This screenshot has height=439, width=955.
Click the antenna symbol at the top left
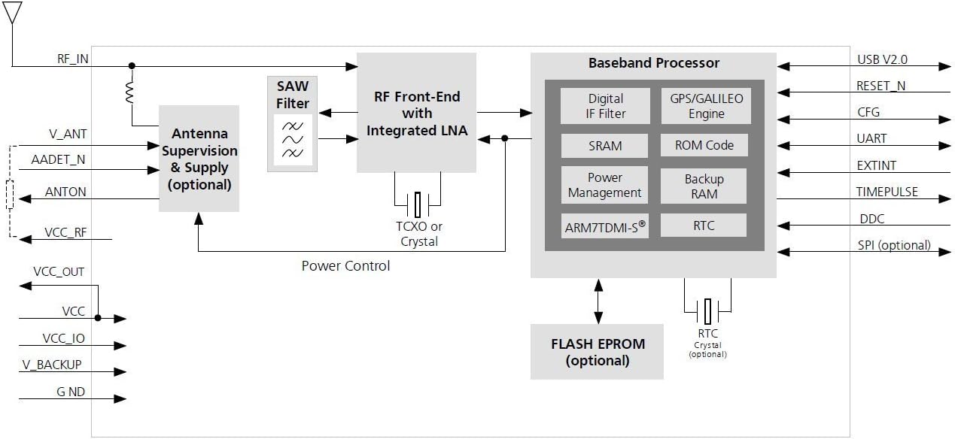point(12,13)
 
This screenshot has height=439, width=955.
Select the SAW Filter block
point(293,124)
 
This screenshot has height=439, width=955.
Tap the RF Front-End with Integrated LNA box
point(416,113)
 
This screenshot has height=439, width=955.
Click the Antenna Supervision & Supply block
point(199,159)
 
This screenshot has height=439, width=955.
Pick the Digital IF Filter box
point(605,106)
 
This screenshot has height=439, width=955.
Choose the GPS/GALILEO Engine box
point(706,106)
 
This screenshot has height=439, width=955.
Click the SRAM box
point(604,146)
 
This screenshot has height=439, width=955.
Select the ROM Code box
point(704,145)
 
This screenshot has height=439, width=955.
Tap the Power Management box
point(604,185)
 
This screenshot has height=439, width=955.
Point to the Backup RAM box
point(704,186)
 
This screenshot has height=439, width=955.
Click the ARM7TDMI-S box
point(605,226)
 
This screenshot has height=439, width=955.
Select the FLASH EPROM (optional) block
point(597,352)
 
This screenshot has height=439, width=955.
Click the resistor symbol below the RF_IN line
point(130,92)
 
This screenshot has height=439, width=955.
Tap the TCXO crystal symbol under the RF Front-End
point(418,204)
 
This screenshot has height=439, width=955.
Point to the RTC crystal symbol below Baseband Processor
point(707,311)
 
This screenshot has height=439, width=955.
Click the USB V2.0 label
point(882,59)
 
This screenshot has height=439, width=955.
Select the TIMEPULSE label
point(887,192)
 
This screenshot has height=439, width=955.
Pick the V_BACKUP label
point(52,365)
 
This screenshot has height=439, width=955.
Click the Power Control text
point(345,265)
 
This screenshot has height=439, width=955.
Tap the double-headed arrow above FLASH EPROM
point(598,301)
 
